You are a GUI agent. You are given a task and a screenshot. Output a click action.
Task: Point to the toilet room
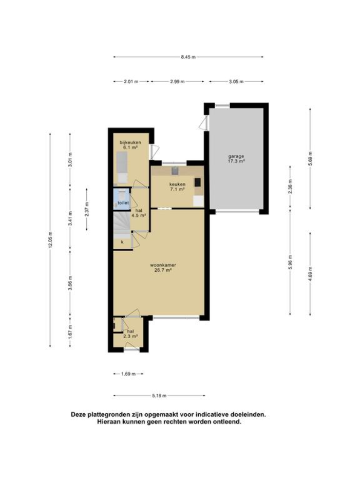tap(121, 199)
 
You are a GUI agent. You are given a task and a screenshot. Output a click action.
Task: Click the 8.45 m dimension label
tap(188, 57)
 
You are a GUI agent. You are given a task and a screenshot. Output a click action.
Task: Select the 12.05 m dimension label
tap(50, 240)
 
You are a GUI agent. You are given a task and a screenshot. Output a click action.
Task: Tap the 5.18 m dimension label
tap(159, 396)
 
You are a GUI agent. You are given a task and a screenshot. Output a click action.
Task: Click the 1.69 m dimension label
tap(128, 374)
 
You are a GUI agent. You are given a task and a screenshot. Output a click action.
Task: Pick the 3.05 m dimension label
tap(236, 81)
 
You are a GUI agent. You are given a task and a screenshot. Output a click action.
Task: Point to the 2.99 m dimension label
tap(177, 81)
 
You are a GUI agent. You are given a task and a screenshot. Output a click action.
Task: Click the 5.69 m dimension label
tap(310, 159)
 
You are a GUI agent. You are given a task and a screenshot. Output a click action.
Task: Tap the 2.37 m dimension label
tap(87, 209)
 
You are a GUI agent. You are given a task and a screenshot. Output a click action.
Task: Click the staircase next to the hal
tap(122, 225)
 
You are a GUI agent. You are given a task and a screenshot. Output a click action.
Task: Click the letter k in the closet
tap(122, 242)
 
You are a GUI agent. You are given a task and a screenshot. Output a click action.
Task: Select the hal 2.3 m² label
tap(130, 334)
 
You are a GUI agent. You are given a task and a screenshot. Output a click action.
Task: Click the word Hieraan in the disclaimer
tap(108, 422)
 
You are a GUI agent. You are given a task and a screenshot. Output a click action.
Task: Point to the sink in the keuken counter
tap(175, 171)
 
